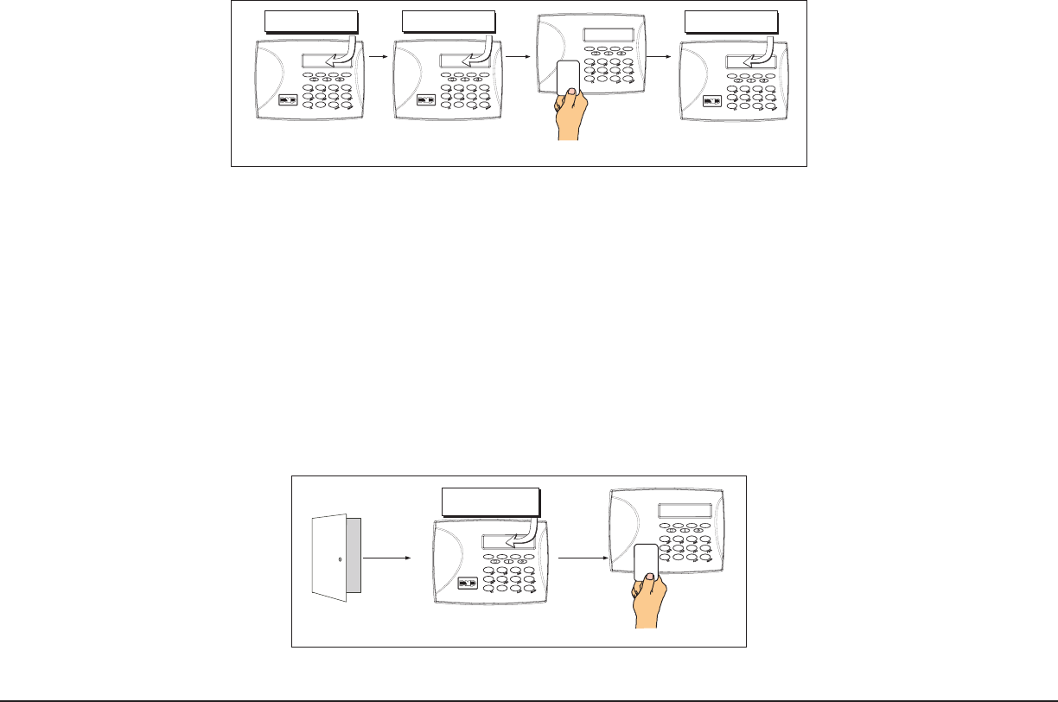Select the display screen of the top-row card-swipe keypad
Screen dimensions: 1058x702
coord(608,35)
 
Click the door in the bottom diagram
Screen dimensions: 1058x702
coord(334,558)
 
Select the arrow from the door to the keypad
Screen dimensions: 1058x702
coord(386,558)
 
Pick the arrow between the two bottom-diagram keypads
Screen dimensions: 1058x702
coord(583,558)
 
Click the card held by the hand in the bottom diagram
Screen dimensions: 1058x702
coord(645,563)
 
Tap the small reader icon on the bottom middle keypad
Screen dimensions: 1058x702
coord(468,584)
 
